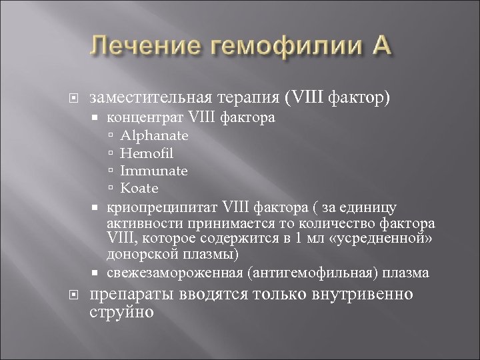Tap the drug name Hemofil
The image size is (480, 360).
[x=143, y=153]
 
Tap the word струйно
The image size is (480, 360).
[x=120, y=311]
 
